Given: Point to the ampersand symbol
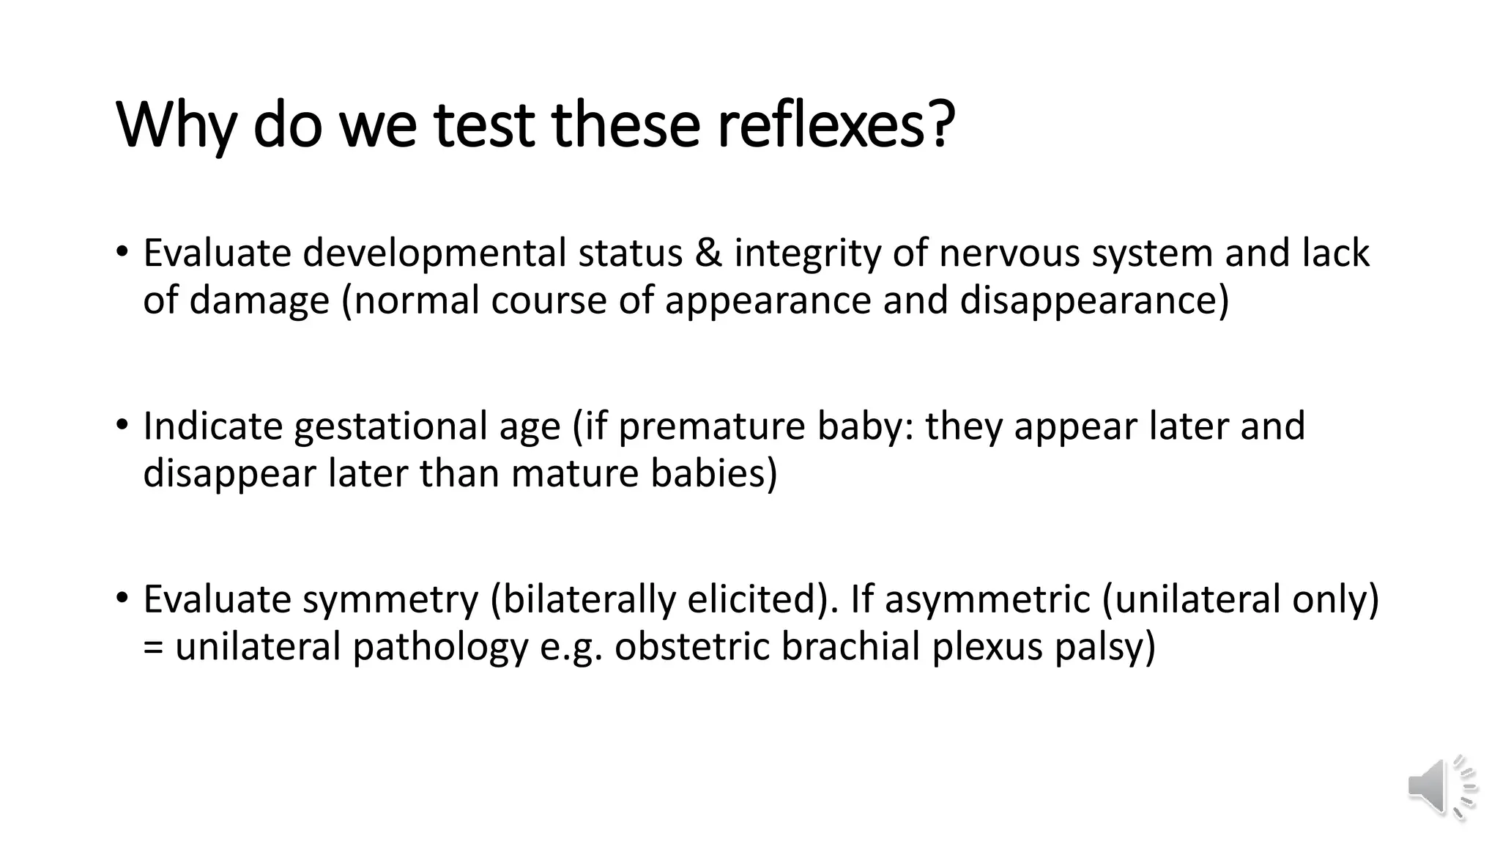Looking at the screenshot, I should tap(708, 253).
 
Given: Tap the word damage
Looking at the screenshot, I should tap(259, 301).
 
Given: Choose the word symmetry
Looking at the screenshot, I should tap(390, 599).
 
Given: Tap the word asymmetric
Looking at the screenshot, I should tap(987, 599).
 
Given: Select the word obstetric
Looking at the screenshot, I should tap(691, 647).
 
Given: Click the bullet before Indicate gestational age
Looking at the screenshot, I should tap(122, 425).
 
